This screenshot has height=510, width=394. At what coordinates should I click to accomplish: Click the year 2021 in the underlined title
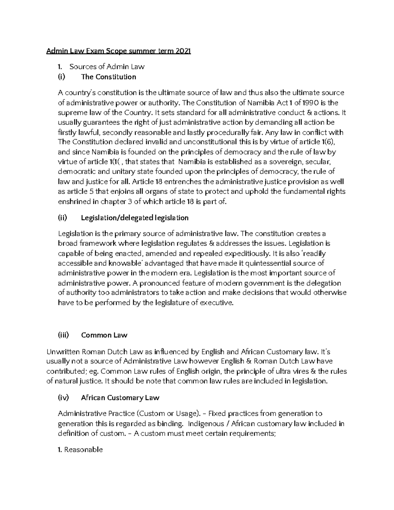click(183, 51)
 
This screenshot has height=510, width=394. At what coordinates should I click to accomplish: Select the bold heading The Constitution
click(108, 77)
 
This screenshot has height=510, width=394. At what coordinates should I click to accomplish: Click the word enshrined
click(74, 201)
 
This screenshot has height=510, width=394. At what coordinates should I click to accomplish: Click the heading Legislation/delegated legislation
click(135, 218)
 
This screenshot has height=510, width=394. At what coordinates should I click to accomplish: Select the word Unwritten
click(63, 352)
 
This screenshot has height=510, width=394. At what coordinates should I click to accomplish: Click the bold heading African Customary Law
click(120, 398)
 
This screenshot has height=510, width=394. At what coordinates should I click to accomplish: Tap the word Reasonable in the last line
click(83, 450)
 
